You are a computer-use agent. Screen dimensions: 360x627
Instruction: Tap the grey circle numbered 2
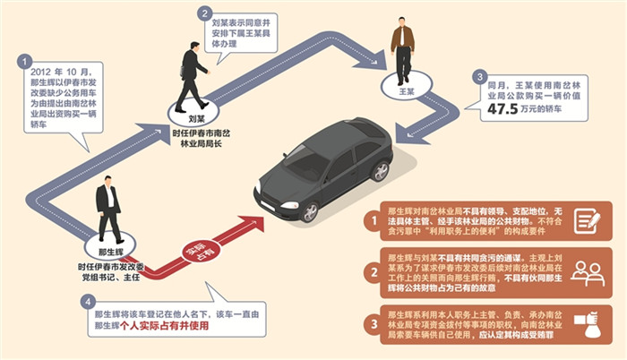205,13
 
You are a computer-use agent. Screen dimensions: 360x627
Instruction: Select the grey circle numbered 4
88,303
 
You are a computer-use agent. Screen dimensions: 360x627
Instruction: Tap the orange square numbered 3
369,321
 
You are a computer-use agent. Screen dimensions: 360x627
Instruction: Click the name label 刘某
186,116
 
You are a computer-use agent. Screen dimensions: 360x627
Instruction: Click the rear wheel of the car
382,172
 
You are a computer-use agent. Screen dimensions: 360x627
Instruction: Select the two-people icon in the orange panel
588,271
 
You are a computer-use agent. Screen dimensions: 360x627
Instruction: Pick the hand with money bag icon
588,321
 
